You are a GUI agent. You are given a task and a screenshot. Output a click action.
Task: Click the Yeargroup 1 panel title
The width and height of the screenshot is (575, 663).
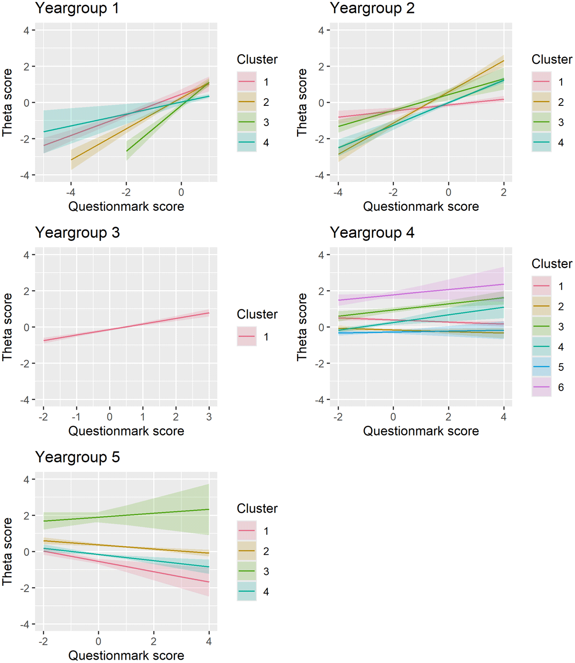pyautogui.click(x=77, y=8)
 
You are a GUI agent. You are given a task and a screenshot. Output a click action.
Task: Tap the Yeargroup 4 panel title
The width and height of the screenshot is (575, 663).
pyautogui.click(x=372, y=233)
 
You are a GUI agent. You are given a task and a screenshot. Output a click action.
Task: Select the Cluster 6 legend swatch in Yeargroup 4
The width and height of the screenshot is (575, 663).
pyautogui.click(x=541, y=387)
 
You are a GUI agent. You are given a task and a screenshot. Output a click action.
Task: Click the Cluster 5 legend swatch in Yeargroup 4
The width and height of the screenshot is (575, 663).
pyautogui.click(x=541, y=367)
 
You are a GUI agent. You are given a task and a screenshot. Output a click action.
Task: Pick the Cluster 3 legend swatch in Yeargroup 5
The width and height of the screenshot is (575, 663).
pyautogui.click(x=247, y=572)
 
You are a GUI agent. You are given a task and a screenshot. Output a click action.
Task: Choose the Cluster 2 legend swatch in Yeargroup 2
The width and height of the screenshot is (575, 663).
pyautogui.click(x=541, y=102)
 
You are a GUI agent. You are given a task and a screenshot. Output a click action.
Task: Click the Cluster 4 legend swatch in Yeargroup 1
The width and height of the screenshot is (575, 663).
pyautogui.click(x=247, y=142)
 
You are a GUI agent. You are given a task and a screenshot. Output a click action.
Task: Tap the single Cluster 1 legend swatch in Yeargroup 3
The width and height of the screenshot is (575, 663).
pyautogui.click(x=247, y=337)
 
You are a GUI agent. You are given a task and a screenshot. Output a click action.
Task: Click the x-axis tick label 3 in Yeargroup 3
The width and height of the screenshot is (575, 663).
pyautogui.click(x=209, y=417)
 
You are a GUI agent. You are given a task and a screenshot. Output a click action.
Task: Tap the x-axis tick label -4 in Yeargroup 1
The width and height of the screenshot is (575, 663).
pyautogui.click(x=71, y=192)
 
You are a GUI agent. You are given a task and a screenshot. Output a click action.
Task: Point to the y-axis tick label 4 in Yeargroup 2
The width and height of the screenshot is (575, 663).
pyautogui.click(x=321, y=31)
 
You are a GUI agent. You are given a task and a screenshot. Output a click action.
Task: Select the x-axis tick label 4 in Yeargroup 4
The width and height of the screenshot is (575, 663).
pyautogui.click(x=504, y=417)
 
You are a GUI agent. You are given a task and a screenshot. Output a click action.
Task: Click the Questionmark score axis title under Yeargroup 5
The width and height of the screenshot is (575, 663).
pyautogui.click(x=126, y=655)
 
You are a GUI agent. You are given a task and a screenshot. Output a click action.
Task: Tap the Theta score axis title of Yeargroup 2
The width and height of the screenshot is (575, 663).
pyautogui.click(x=302, y=102)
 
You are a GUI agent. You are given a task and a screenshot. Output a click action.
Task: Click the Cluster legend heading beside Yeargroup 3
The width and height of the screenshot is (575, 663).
pyautogui.click(x=257, y=314)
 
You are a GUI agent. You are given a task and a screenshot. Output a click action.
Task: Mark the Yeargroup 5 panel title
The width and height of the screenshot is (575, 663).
pyautogui.click(x=77, y=457)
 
